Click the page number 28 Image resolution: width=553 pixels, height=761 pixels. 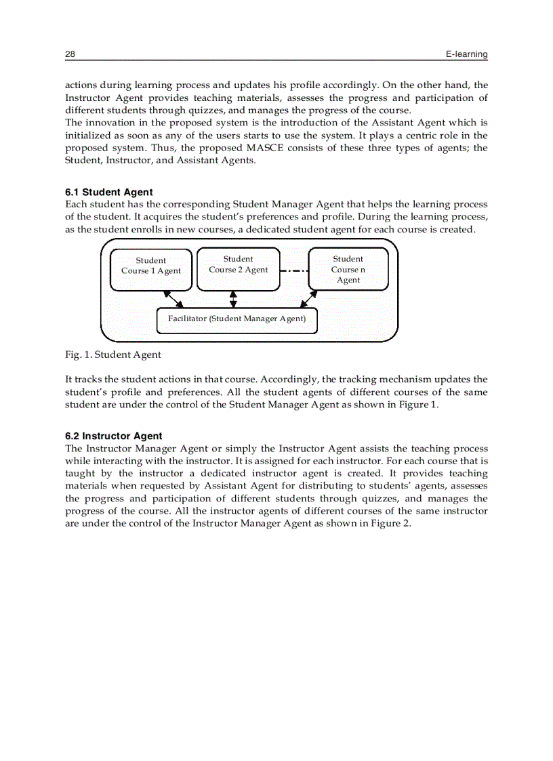click(70, 54)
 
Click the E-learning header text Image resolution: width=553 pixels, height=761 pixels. click(466, 54)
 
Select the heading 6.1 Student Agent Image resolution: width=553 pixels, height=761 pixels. click(108, 192)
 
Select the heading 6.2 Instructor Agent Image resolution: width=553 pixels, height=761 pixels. click(113, 436)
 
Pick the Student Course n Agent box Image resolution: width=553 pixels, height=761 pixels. click(348, 269)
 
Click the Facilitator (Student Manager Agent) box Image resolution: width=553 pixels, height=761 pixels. click(237, 319)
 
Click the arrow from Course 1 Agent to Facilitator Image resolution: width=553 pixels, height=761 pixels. click(173, 299)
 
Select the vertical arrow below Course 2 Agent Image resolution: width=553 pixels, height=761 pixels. click(233, 298)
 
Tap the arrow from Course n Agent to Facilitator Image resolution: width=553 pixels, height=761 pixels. click(309, 299)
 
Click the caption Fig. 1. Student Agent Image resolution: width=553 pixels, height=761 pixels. click(112, 354)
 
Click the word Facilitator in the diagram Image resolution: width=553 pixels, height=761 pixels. click(187, 318)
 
